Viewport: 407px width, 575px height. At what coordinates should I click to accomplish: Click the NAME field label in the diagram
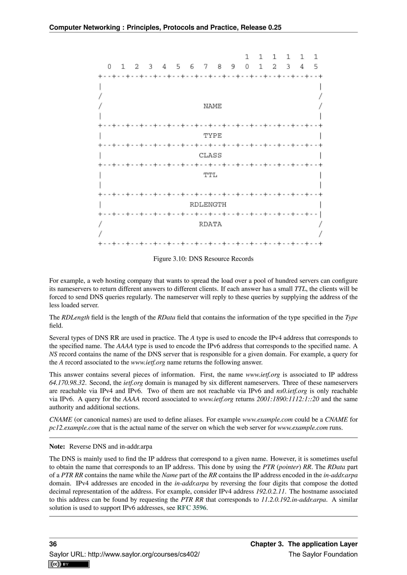[212, 106]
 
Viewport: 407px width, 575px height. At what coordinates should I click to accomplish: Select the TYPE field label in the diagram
[212, 136]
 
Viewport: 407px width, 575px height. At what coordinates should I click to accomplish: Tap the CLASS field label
[210, 155]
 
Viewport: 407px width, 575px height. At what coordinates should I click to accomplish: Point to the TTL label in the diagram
[210, 175]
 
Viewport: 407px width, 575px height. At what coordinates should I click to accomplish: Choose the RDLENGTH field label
[208, 205]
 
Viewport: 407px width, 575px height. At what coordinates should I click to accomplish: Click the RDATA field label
[210, 224]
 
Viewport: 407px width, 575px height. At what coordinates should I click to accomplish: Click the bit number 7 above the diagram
[205, 67]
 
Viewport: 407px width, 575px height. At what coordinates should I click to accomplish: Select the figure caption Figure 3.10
[203, 259]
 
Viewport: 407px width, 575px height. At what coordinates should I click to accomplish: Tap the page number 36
[53, 544]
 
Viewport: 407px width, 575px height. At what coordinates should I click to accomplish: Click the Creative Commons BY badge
[69, 564]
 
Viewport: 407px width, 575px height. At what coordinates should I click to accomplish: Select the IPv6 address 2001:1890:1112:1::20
[288, 399]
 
